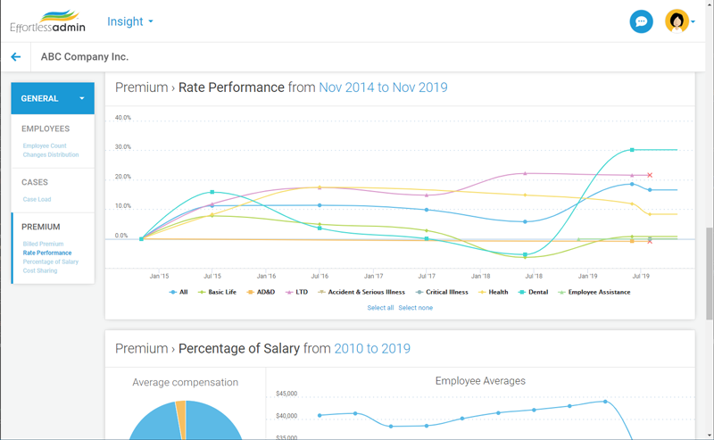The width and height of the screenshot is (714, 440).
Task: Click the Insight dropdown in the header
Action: click(x=129, y=21)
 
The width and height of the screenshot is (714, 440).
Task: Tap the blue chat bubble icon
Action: click(x=641, y=21)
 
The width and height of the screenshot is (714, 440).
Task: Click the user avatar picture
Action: click(x=677, y=21)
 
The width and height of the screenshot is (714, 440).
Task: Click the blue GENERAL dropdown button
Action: click(x=53, y=98)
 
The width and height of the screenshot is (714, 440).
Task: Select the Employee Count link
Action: click(x=45, y=145)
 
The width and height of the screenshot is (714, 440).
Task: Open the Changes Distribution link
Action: click(x=51, y=154)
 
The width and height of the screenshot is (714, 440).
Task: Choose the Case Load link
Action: click(x=37, y=199)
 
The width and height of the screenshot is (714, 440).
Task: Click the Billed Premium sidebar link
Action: click(x=43, y=244)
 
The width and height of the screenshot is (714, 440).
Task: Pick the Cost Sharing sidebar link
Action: click(x=40, y=270)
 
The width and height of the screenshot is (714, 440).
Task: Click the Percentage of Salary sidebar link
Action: click(x=51, y=262)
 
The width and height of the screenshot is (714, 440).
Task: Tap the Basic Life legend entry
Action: click(x=218, y=292)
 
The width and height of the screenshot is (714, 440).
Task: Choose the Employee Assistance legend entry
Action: click(x=594, y=292)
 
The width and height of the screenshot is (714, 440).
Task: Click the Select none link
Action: click(x=415, y=308)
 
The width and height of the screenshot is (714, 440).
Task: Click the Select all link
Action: click(x=380, y=308)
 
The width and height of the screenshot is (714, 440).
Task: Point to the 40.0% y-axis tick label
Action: click(x=123, y=117)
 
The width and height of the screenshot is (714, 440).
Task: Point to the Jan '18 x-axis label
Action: click(x=480, y=277)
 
